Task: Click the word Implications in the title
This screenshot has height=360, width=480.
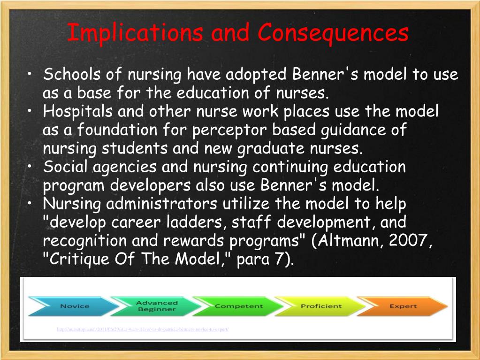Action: (x=135, y=33)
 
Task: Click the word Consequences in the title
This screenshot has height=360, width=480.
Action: (x=333, y=33)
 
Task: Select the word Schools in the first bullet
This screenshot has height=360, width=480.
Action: (x=73, y=75)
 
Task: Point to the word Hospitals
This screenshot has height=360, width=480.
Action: (x=78, y=112)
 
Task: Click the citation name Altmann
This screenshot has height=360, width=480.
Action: (x=357, y=241)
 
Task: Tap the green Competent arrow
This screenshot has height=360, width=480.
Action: (x=237, y=306)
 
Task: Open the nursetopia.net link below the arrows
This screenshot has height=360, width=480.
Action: (x=143, y=329)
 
